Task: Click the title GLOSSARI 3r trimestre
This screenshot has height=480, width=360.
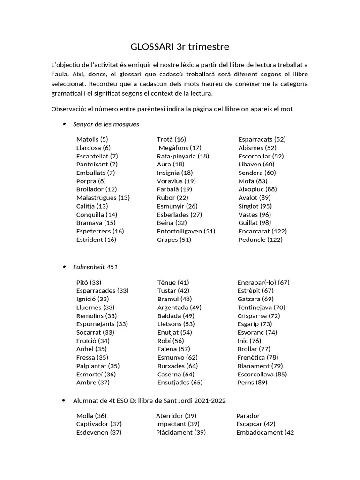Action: point(180,47)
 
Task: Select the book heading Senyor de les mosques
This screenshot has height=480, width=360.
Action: point(106,124)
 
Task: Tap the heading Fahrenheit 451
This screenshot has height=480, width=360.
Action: point(95,267)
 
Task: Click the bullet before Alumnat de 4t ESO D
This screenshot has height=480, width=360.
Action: point(64,401)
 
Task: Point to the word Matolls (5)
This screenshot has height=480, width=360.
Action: point(92,139)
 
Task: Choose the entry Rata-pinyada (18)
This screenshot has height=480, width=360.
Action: point(183,156)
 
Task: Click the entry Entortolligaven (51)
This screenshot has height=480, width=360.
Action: point(186,231)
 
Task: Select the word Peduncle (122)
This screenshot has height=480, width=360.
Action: point(260,240)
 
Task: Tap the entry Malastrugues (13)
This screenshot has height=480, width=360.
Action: point(103,198)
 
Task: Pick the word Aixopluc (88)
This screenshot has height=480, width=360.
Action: point(257,189)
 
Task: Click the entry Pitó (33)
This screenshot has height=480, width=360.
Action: point(89,282)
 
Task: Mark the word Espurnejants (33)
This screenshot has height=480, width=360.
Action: point(102,324)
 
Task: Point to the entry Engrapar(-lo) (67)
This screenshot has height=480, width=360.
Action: point(263,282)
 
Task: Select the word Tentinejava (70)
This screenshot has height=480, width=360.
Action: point(261,307)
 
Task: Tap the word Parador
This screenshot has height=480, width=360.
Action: point(248,416)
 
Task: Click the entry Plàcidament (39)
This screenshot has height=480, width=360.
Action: point(180,432)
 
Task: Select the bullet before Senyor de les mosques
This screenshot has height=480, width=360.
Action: point(64,124)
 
